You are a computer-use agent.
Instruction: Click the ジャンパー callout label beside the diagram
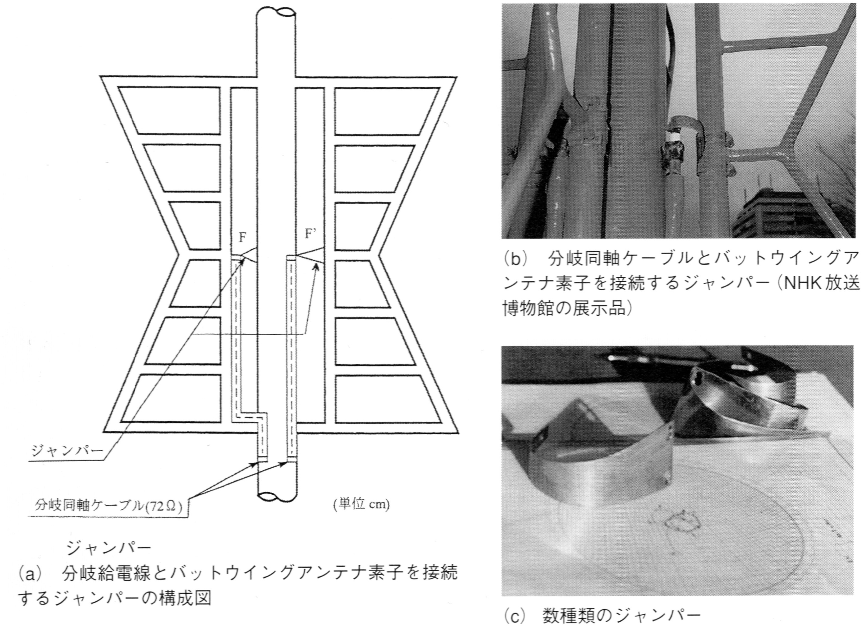(x=67, y=451)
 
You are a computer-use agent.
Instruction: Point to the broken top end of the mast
(x=276, y=12)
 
